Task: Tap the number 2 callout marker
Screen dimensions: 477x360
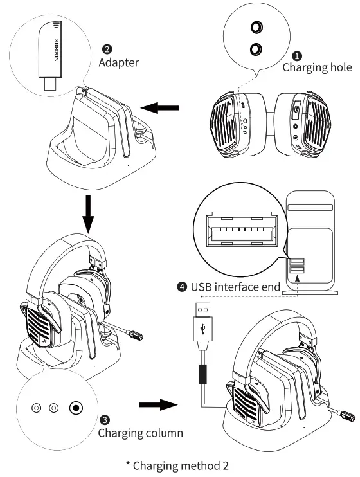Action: coord(107,50)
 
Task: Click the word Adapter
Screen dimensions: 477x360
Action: coord(118,63)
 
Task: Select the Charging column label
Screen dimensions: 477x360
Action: coord(140,433)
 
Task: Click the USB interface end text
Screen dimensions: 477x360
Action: coord(236,287)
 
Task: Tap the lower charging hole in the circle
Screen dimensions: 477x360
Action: coord(257,48)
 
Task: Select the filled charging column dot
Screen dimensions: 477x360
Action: coord(77,408)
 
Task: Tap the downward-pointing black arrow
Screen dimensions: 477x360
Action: coord(88,217)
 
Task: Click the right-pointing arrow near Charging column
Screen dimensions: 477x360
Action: coord(157,406)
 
